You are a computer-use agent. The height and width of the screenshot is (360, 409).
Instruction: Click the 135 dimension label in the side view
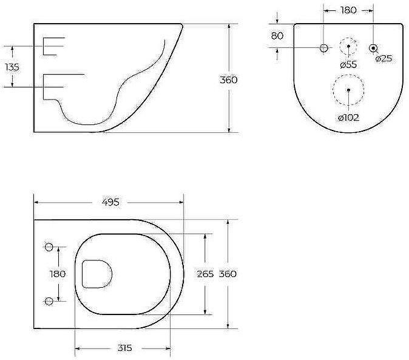(12, 67)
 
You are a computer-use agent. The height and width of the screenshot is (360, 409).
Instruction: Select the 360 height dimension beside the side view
(228, 80)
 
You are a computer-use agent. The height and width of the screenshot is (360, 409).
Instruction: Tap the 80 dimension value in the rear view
(277, 36)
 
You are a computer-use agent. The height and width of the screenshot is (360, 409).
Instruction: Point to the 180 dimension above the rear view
(348, 10)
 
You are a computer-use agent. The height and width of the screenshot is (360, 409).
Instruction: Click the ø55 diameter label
(348, 64)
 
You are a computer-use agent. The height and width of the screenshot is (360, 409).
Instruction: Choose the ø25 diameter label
(384, 59)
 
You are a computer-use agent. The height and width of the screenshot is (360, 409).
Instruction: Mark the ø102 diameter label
(348, 117)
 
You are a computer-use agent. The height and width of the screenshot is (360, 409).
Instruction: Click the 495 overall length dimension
(110, 202)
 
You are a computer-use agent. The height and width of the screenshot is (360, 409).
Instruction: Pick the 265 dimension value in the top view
(205, 274)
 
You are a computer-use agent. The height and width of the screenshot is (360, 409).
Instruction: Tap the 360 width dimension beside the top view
(228, 274)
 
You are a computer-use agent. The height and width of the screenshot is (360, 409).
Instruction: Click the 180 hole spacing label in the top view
(58, 274)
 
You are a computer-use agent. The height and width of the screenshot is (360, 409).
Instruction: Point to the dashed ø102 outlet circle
(348, 90)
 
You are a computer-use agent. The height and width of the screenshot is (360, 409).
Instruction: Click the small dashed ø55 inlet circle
(348, 47)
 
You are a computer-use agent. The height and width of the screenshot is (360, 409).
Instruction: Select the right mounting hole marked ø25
(373, 47)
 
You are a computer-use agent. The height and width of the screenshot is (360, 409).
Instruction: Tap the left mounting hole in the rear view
(323, 47)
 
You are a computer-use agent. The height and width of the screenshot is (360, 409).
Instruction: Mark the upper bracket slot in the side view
(53, 46)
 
